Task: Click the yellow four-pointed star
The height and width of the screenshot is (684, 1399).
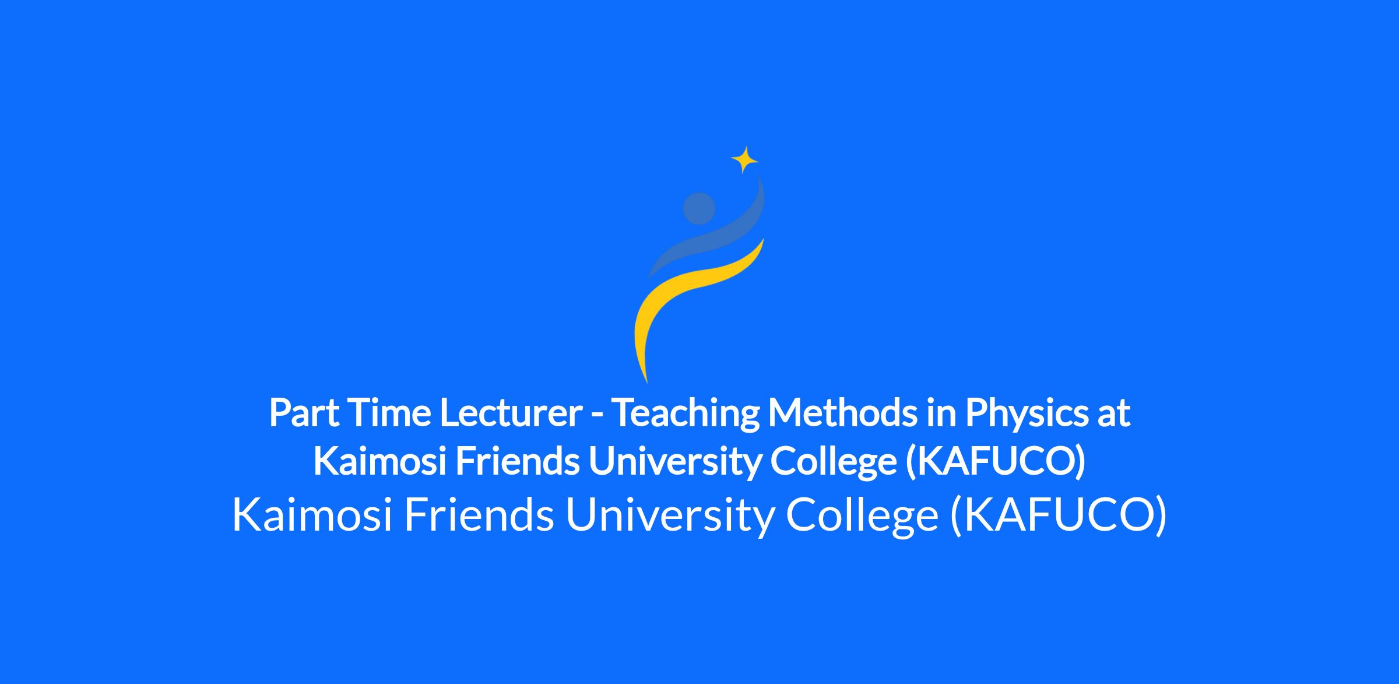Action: click(x=744, y=159)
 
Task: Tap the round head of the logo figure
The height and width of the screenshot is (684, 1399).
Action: click(x=699, y=208)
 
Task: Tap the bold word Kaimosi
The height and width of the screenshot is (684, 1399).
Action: click(x=380, y=461)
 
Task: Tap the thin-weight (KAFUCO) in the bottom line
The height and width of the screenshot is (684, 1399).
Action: click(x=1058, y=516)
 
